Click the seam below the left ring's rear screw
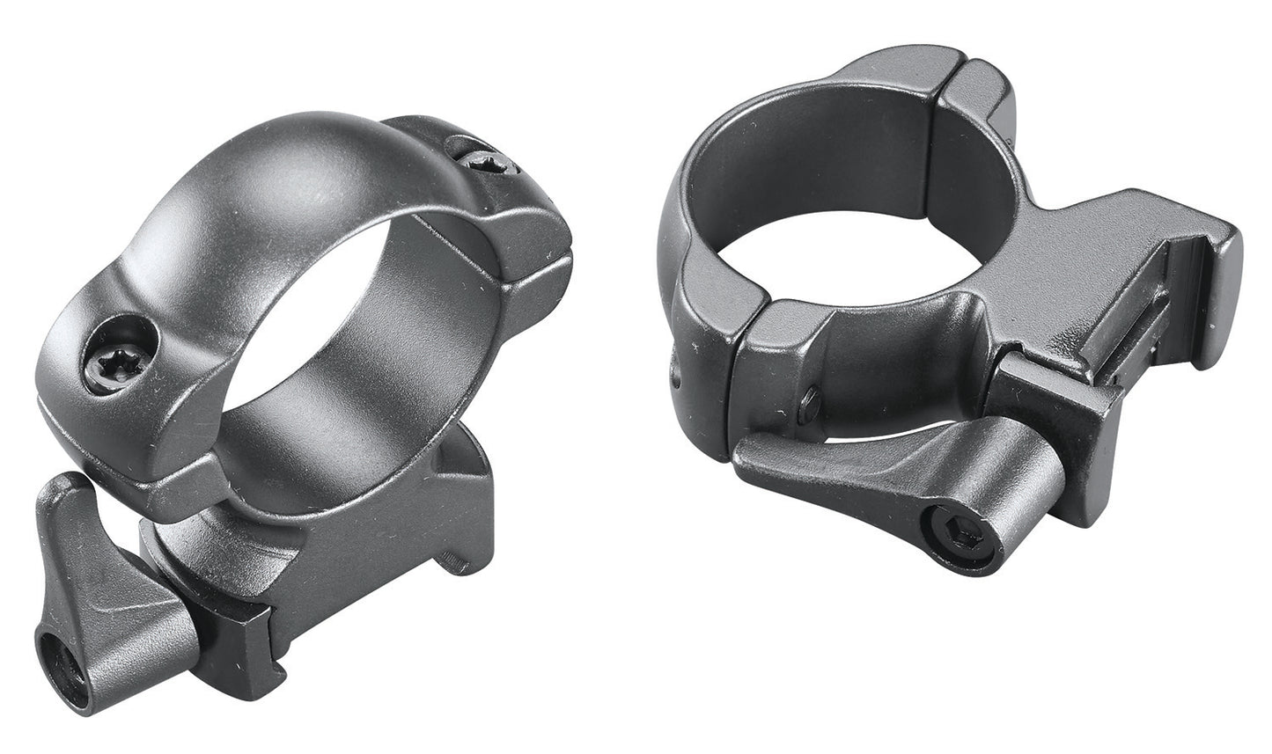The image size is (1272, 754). (528, 255)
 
